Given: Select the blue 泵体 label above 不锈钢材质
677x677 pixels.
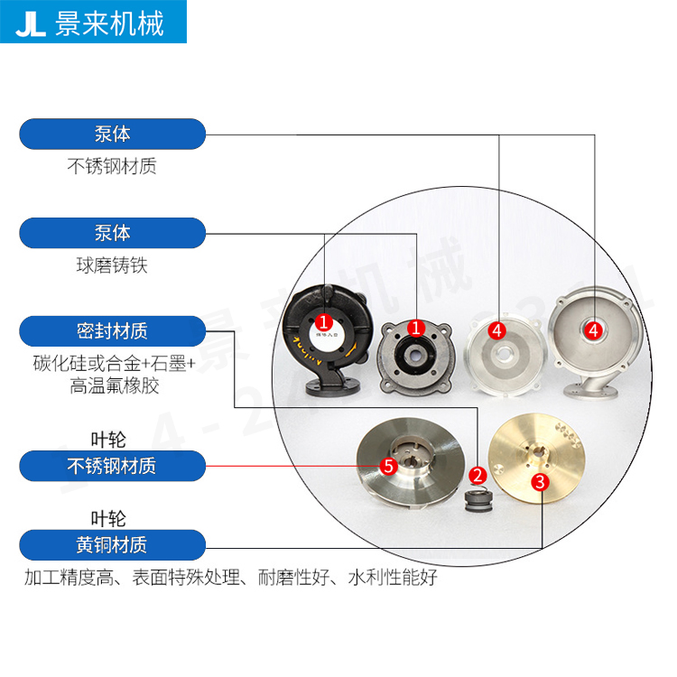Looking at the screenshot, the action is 112,134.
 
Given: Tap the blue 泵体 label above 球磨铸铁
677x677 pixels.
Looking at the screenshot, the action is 112,233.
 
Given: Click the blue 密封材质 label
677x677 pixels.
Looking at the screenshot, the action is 112,330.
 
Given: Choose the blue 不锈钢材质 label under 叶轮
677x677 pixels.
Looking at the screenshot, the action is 112,466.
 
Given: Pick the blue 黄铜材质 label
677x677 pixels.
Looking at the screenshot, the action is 112,544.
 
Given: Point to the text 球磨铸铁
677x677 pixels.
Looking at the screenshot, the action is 112,266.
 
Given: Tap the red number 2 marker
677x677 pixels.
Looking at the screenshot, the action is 478,474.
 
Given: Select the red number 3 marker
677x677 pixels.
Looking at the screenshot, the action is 539,481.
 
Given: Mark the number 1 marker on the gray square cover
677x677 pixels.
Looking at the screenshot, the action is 416,328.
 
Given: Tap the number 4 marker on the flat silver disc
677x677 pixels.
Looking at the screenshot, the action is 496,329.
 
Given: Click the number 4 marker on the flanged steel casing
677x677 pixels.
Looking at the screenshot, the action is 593,330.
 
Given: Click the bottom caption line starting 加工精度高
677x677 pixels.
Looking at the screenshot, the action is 230,578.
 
